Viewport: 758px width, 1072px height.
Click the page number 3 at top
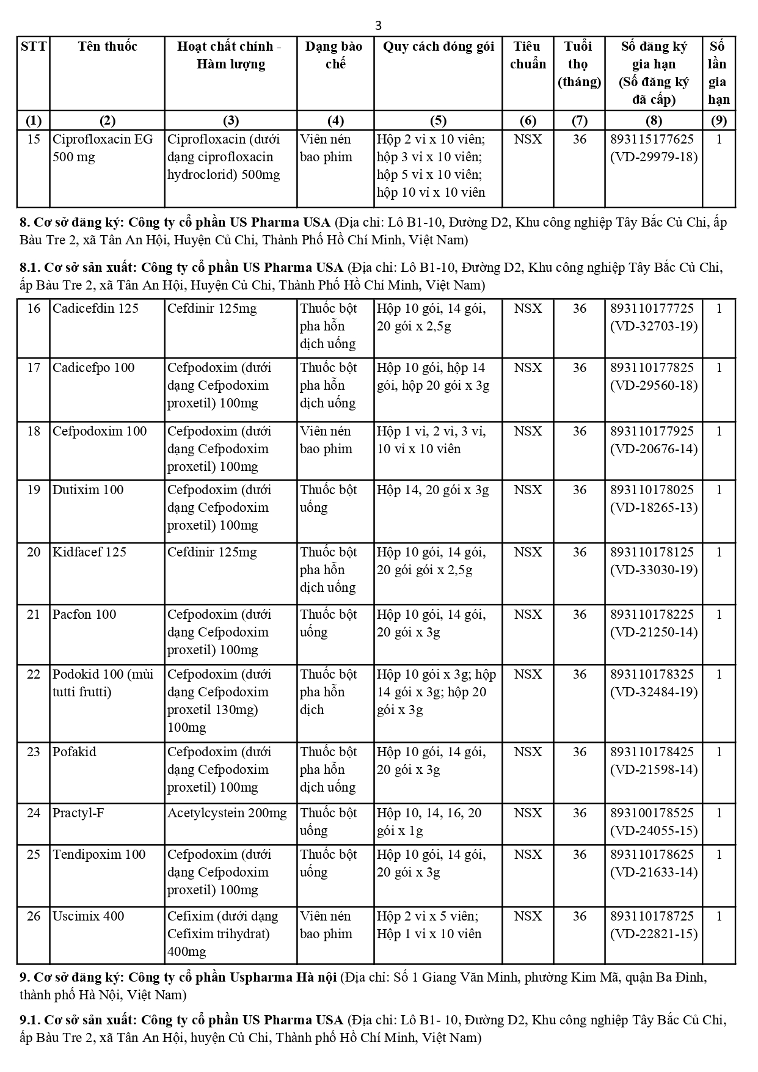379,25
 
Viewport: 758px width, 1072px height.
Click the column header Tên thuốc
108,46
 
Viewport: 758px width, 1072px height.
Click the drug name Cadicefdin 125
95,308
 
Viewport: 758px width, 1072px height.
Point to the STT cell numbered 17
34,368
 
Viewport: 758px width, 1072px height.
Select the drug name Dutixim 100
88,490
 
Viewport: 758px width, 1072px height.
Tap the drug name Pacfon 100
84,614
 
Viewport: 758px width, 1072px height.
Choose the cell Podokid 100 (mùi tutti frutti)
103,683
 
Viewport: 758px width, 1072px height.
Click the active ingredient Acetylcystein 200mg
227,813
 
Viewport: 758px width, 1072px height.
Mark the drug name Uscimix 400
88,916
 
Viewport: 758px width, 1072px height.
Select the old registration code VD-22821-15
654,934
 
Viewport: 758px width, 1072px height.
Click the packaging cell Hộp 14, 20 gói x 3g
432,490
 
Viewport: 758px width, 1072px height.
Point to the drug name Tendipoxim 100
99,855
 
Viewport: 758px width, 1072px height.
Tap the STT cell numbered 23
34,752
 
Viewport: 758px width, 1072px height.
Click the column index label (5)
438,120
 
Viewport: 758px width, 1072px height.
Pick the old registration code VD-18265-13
654,508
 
